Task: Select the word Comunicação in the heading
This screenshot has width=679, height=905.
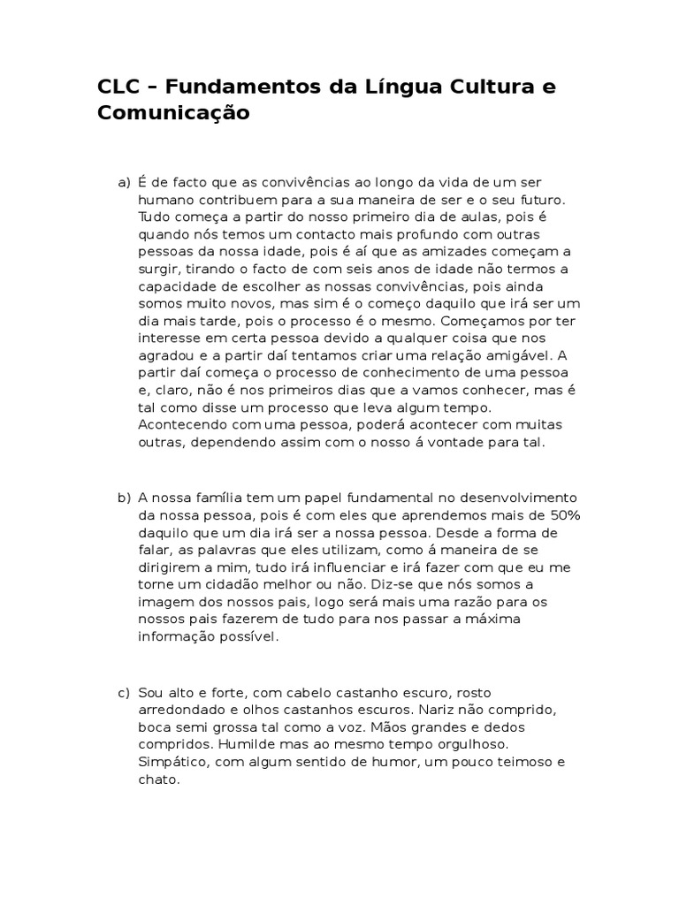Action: (x=174, y=114)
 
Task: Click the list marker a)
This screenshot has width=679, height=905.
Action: (x=124, y=183)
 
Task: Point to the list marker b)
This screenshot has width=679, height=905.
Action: (x=124, y=498)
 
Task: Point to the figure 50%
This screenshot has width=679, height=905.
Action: (x=561, y=515)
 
